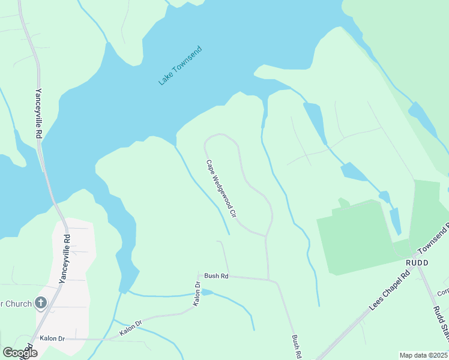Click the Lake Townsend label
tap(180, 66)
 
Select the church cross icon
tap(41, 302)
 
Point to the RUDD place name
tap(401, 262)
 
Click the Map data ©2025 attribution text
tap(424, 355)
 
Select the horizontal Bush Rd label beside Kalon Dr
tap(216, 276)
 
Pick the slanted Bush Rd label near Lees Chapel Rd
tap(297, 347)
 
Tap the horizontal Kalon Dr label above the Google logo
tap(52, 338)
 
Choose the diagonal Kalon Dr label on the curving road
tap(130, 328)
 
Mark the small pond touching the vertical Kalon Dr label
tap(207, 292)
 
